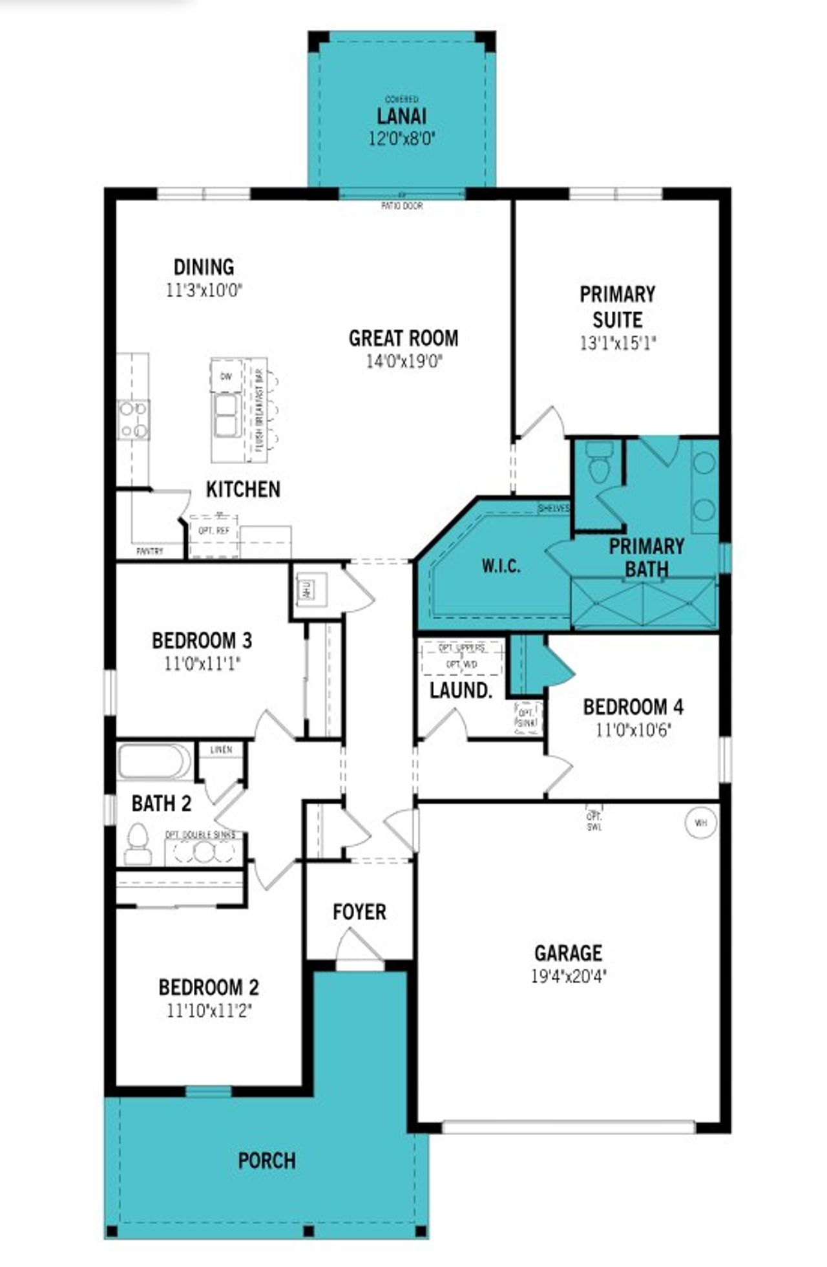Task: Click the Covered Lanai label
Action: pos(401,116)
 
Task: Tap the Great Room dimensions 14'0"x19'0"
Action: pos(404,361)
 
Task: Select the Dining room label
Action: pos(204,267)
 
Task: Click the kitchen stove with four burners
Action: pos(133,420)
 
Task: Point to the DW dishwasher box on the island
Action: pos(226,376)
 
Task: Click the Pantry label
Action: pos(150,551)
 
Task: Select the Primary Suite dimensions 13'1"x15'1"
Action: pos(617,343)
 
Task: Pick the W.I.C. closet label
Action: pos(501,566)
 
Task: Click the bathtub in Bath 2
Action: pos(154,761)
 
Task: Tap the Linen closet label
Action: pos(221,750)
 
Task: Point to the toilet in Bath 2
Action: pos(138,843)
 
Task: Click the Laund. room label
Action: pos(461,690)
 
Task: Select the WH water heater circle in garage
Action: pos(701,823)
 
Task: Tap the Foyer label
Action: pos(359,912)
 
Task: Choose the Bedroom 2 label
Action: pos(209,987)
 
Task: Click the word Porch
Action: pos(267,1160)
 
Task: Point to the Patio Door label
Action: pos(402,206)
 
